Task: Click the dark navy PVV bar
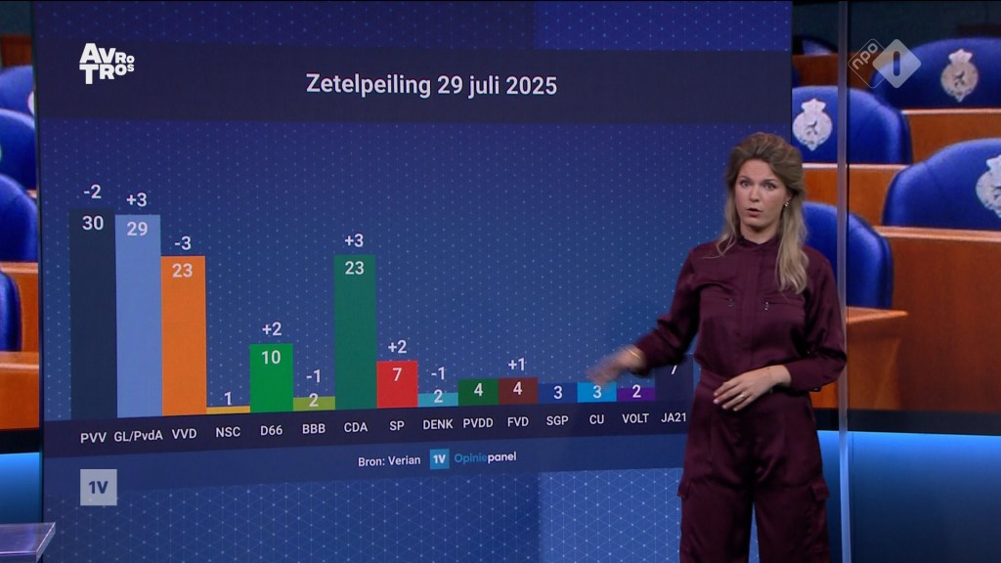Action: pyautogui.click(x=93, y=313)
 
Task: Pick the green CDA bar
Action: pyautogui.click(x=355, y=332)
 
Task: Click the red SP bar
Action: pyautogui.click(x=398, y=384)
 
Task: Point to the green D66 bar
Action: pyautogui.click(x=271, y=377)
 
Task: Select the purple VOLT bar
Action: pyautogui.click(x=636, y=393)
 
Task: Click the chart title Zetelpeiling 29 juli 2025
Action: pyautogui.click(x=431, y=85)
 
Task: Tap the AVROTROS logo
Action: pyautogui.click(x=106, y=63)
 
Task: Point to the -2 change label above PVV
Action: pyautogui.click(x=93, y=192)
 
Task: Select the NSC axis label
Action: pyautogui.click(x=227, y=430)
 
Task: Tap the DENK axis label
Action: pyautogui.click(x=438, y=424)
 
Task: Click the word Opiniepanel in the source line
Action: pyautogui.click(x=485, y=457)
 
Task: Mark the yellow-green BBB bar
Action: pyautogui.click(x=314, y=403)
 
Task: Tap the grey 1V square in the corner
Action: pyautogui.click(x=99, y=487)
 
